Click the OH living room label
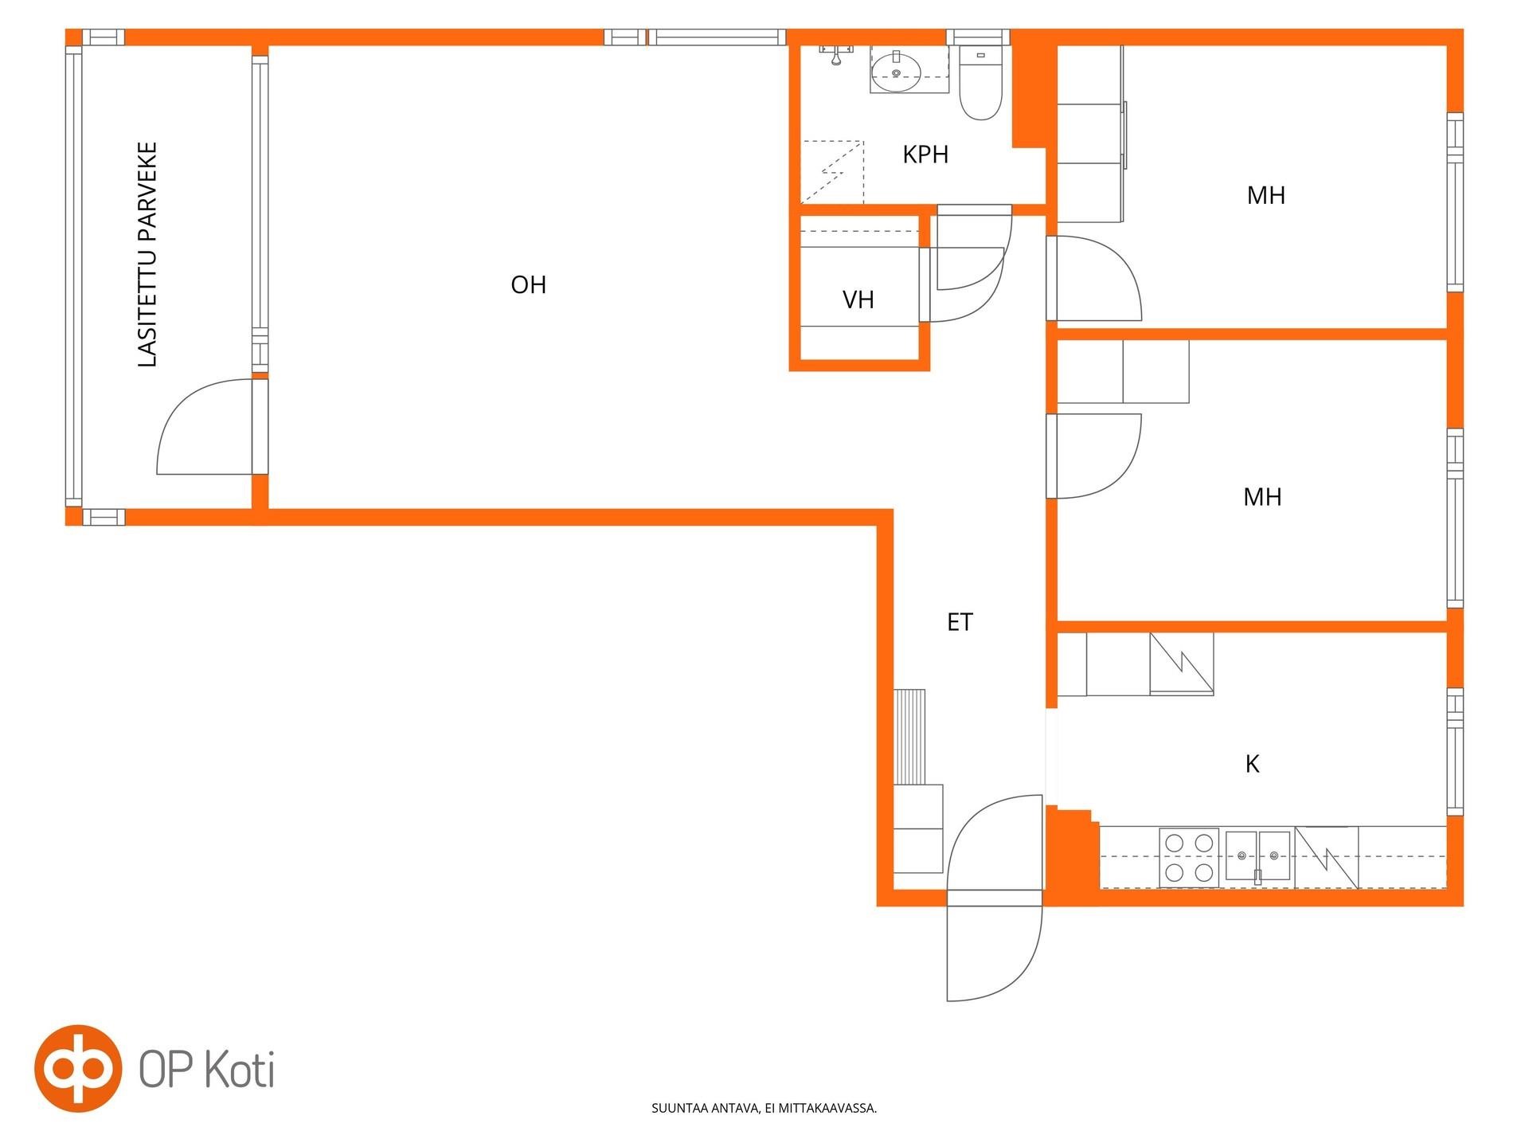coord(529,284)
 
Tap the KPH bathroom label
coord(925,155)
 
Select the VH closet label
coord(858,299)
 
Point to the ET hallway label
coord(960,622)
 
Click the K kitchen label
coord(1253,765)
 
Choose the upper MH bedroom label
coord(1266,195)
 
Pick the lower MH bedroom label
coord(1262,497)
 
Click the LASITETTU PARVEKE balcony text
coord(148,255)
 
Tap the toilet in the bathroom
coord(980,83)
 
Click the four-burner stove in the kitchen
coord(1189,858)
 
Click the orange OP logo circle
coord(78,1068)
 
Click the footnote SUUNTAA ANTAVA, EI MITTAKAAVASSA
coord(764,1108)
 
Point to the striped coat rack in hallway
coord(909,737)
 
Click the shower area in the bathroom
coord(832,171)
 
